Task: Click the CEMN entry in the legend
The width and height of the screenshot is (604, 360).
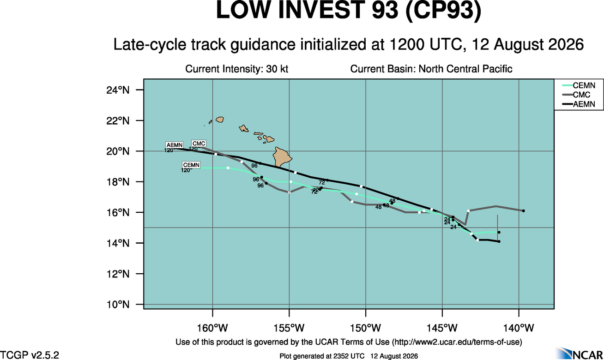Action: click(x=579, y=86)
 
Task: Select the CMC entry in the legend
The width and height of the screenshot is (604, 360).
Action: click(x=576, y=95)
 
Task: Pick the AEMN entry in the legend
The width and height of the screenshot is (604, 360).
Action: click(x=579, y=104)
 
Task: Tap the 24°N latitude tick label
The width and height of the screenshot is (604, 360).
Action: click(x=118, y=90)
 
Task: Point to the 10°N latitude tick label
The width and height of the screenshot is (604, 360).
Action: click(x=118, y=305)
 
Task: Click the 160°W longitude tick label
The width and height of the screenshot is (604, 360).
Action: click(x=212, y=328)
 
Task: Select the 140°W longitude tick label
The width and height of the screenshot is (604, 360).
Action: click(x=519, y=328)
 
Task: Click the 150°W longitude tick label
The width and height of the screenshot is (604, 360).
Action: click(x=366, y=328)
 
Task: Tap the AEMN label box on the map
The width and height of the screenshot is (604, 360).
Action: click(x=175, y=145)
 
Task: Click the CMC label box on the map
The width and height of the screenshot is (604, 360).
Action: click(x=199, y=144)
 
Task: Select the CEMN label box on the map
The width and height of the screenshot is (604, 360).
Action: click(x=191, y=165)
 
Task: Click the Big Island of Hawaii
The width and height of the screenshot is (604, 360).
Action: click(x=282, y=157)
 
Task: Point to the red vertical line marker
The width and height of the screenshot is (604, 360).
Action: click(x=497, y=228)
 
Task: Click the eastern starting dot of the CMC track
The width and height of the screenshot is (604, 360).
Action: click(x=523, y=211)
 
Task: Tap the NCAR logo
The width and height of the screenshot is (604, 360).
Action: click(x=579, y=354)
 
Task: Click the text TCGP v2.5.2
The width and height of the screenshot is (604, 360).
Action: click(x=30, y=354)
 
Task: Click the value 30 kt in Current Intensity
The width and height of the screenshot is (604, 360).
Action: click(x=277, y=69)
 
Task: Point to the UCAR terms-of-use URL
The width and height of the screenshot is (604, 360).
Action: click(x=457, y=342)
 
